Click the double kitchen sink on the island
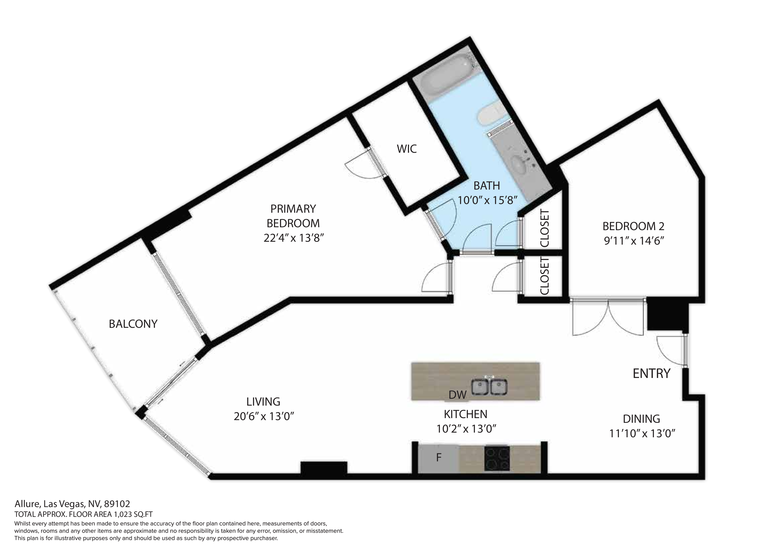490,387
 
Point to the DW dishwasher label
457,394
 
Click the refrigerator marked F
439,458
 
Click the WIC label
407,149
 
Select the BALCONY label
133,324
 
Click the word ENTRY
651,373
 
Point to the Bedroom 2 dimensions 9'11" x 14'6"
634,241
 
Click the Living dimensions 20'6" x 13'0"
264,416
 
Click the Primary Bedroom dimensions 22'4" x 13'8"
293,238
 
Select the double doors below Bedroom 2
608,317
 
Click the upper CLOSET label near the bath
545,228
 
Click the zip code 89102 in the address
117,504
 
